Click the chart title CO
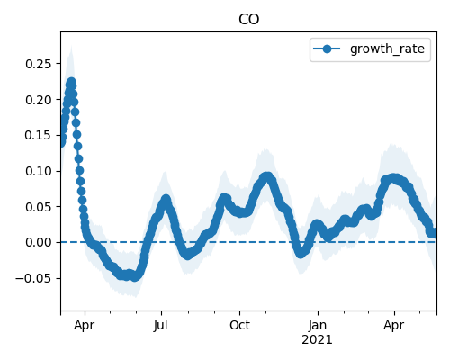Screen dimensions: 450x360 pos(248,20)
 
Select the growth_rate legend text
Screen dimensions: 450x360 pos(387,49)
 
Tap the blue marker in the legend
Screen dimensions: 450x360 pos(327,49)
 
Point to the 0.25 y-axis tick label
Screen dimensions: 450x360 pos(38,64)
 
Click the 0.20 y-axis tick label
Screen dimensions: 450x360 pos(38,100)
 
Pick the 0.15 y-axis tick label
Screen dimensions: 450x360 pos(38,135)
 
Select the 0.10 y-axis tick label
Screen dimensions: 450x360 pos(38,171)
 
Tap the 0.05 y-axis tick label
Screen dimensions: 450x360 pos(38,207)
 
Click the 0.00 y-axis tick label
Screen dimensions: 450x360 pos(38,242)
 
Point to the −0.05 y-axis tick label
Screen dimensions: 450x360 pos(33,278)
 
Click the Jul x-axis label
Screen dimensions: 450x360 pos(161,325)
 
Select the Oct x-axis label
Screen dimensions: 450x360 pos(239,325)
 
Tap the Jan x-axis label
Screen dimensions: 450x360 pos(318,325)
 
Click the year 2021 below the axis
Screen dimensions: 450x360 pos(317,340)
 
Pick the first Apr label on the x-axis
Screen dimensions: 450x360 pos(85,326)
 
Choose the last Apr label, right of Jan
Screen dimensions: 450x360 pos(394,326)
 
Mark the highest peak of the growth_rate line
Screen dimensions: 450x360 pos(71,82)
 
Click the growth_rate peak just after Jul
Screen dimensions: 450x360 pos(166,199)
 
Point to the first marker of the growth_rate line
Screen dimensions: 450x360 pos(61,143)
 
